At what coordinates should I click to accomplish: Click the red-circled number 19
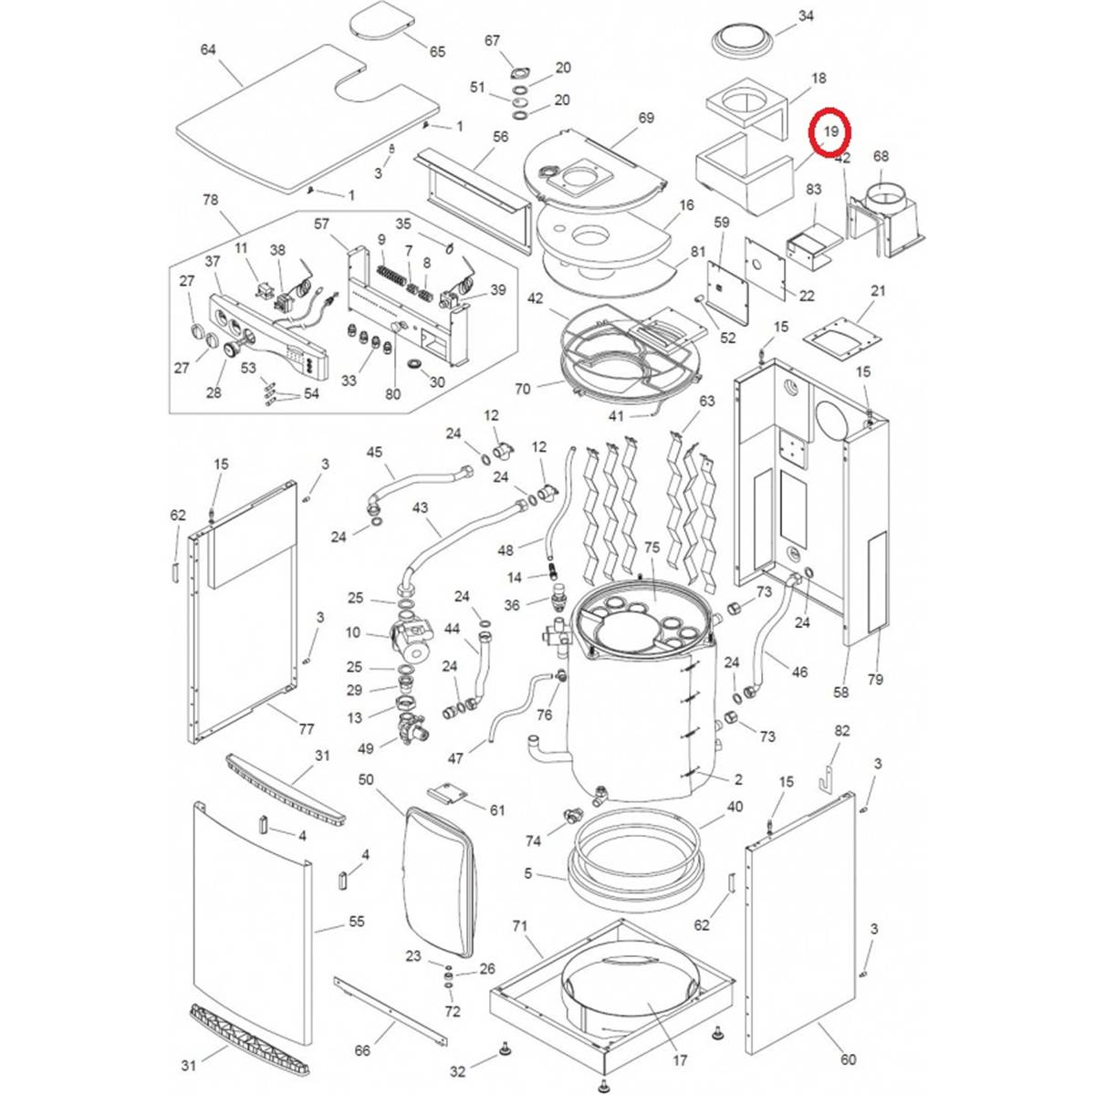(830, 132)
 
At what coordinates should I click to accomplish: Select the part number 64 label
(208, 49)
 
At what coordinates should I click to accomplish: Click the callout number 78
(211, 200)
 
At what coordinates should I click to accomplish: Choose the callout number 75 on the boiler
(652, 547)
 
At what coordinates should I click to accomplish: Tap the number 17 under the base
(680, 1061)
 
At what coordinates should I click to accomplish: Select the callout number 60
(849, 1059)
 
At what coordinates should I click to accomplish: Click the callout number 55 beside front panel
(357, 922)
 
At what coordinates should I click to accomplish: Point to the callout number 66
(362, 1050)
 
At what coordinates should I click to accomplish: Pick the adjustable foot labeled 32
(505, 1053)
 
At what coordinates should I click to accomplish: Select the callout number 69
(646, 118)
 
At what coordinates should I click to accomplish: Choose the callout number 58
(840, 693)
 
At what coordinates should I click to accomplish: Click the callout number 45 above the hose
(374, 452)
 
